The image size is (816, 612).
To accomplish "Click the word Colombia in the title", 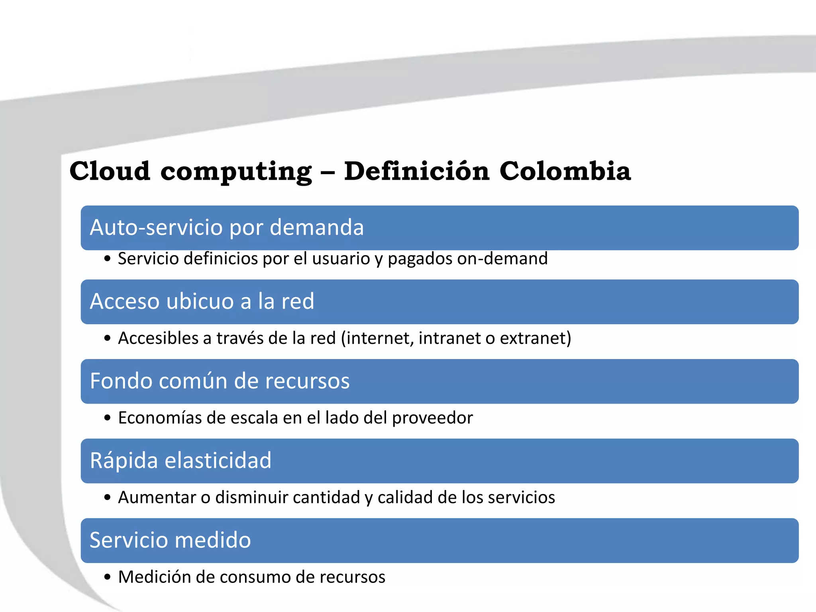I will tap(565, 171).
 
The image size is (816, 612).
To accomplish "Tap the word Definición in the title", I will tap(416, 171).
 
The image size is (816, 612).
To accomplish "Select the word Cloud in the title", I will tap(110, 171).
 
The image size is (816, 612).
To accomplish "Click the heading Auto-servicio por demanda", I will tap(227, 228).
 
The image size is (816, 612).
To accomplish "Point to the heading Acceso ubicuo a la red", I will tap(202, 301).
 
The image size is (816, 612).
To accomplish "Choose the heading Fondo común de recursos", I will tap(220, 381).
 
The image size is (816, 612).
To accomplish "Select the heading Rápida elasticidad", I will tap(180, 461).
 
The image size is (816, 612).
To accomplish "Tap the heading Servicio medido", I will tap(170, 540).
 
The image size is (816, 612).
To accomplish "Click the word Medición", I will tap(153, 577).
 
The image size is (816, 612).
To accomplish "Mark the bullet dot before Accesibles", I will tap(107, 339).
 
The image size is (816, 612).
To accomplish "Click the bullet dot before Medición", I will tap(107, 577).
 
